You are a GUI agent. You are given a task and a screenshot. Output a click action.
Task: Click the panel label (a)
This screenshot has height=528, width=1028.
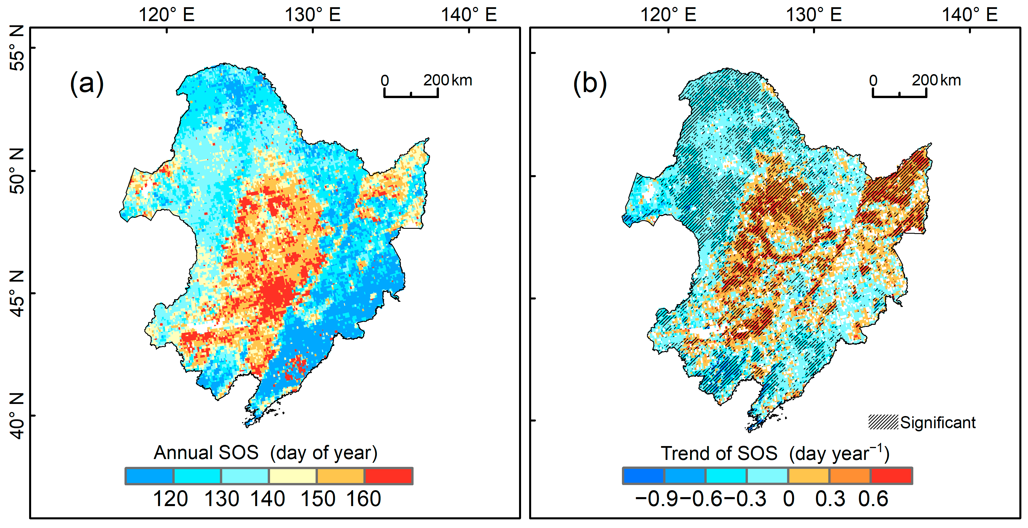[86, 83]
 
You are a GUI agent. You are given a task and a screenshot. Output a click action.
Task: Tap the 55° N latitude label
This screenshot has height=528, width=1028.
[17, 48]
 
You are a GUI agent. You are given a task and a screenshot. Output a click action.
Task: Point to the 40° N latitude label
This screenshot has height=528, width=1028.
[17, 416]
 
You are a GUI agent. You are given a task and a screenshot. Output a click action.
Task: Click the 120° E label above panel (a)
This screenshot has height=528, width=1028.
[166, 15]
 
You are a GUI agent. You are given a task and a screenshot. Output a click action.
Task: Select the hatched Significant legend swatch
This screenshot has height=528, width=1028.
[883, 422]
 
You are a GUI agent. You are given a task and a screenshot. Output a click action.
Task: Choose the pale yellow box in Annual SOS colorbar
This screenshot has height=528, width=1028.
[293, 476]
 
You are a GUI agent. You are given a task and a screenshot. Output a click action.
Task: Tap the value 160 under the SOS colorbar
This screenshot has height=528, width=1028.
[363, 499]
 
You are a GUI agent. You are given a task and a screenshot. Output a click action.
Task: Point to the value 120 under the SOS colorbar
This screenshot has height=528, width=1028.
[170, 499]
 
